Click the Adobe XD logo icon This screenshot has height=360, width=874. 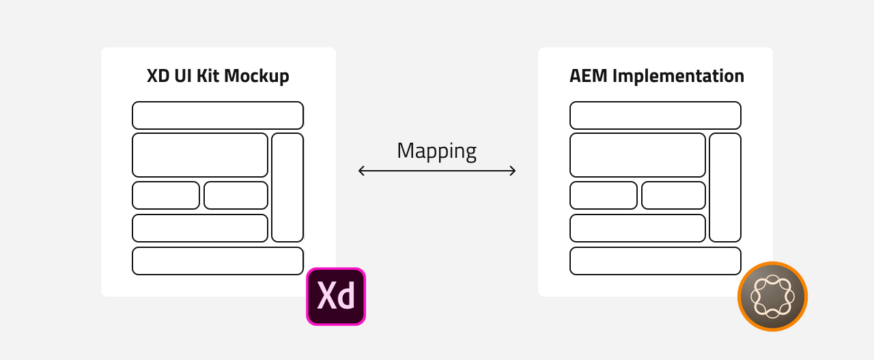(336, 296)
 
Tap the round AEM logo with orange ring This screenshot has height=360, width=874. (772, 296)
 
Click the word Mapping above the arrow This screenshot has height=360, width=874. (436, 150)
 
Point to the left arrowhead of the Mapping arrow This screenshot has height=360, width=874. (361, 171)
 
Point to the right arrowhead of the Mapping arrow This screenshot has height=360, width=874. (513, 171)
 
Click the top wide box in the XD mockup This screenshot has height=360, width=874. (218, 115)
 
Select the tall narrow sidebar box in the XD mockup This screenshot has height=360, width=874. (287, 187)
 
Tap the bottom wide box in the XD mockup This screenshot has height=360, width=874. (218, 261)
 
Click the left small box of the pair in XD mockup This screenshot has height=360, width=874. (166, 195)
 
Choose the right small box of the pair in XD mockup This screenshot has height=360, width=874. (236, 195)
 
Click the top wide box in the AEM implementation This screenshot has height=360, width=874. (655, 115)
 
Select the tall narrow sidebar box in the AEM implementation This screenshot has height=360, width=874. (725, 187)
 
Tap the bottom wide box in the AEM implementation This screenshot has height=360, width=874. (655, 261)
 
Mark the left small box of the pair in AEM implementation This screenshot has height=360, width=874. (604, 195)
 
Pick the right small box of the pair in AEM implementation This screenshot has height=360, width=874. (673, 195)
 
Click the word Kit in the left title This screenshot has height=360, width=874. (208, 76)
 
